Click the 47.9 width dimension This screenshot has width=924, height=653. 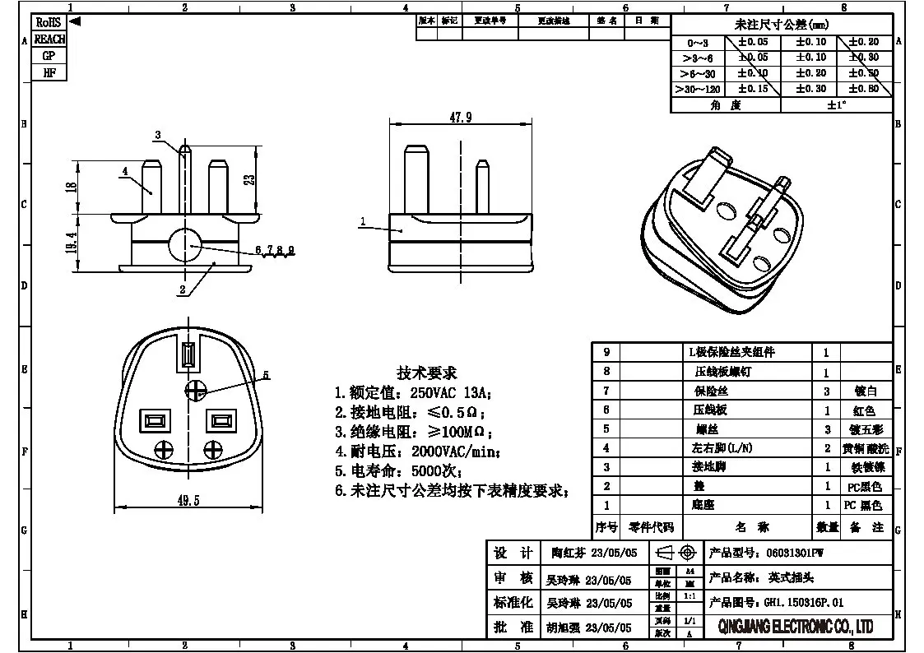coord(460,118)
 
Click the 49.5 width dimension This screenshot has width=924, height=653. coord(188,500)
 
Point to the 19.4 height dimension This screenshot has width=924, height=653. coord(72,243)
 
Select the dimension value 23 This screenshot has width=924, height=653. coord(250,178)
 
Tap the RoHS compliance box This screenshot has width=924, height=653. coord(49,23)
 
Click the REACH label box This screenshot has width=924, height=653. coord(49,39)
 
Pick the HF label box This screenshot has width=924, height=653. coord(49,72)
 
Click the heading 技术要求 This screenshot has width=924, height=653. coord(426,373)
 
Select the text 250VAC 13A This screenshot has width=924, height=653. coord(448,392)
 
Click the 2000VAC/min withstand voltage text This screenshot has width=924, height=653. coord(454,452)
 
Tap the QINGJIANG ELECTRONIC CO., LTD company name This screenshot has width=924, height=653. coord(796,628)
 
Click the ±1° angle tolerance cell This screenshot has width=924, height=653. coord(836,105)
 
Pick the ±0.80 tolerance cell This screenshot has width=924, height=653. coord(863,89)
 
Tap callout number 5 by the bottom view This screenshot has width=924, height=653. coord(266,376)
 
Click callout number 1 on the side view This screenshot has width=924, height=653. coord(362,221)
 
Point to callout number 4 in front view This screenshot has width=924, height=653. coord(125,172)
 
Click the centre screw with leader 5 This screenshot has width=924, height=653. coord(195,389)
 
